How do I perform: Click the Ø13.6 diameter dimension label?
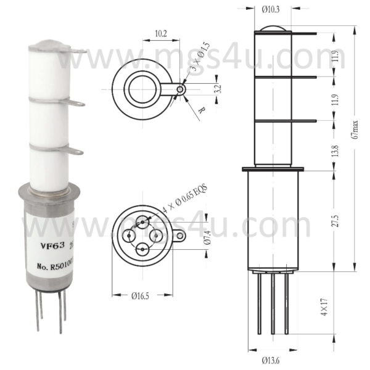(x=272, y=360)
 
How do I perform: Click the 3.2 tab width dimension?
(x=215, y=89)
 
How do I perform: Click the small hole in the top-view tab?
(x=179, y=89)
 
